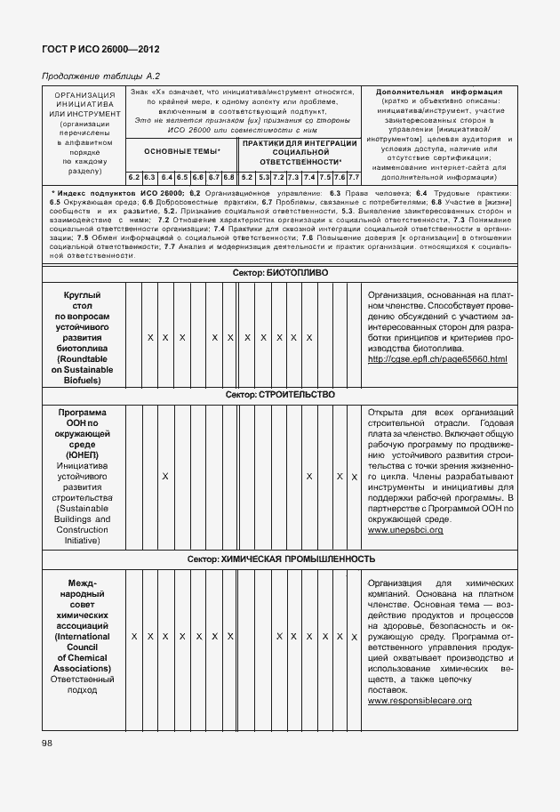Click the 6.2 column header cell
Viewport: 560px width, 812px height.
pyautogui.click(x=133, y=178)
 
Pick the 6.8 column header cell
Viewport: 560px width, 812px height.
pyautogui.click(x=228, y=178)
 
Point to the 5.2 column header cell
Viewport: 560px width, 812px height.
pyautogui.click(x=247, y=178)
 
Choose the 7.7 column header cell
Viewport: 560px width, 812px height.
pyautogui.click(x=353, y=178)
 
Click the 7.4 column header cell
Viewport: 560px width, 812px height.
pyautogui.click(x=308, y=178)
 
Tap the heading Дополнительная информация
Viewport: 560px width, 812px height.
pyautogui.click(x=439, y=92)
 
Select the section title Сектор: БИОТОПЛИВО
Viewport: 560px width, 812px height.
pyautogui.click(x=280, y=274)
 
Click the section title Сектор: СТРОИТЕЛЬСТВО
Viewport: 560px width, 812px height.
pyautogui.click(x=280, y=393)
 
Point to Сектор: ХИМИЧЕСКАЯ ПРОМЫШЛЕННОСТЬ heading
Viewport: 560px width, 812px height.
pyautogui.click(x=280, y=559)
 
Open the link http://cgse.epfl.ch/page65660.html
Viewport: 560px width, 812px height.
pyautogui.click(x=436, y=358)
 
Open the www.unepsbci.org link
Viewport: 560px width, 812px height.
pyautogui.click(x=404, y=530)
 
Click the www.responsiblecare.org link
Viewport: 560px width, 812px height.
pyautogui.click(x=419, y=701)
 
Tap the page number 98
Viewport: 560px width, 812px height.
pyautogui.click(x=46, y=742)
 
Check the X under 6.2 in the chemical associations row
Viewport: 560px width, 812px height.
pyautogui.click(x=133, y=637)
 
